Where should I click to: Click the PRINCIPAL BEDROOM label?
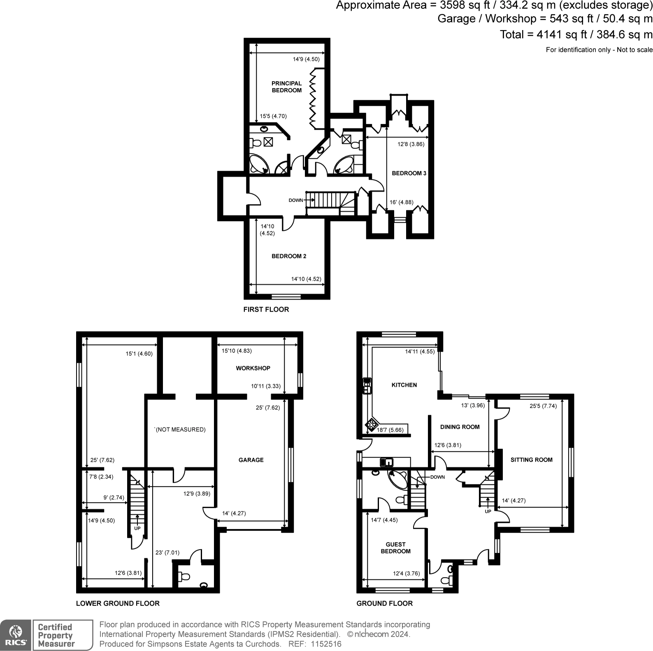coord(286,87)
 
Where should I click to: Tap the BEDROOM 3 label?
coord(409,173)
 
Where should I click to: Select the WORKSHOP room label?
coord(253,368)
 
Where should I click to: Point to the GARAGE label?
coord(251,460)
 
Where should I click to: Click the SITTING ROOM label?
coord(531,460)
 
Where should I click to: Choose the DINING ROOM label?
coord(460,427)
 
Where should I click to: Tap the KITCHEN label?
coord(404,385)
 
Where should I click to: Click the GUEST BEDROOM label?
coord(395,548)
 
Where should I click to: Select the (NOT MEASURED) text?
coord(180,429)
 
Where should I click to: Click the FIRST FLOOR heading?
coord(266,309)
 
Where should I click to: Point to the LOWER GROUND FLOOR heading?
coord(118,603)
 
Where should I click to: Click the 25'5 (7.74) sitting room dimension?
coord(543,406)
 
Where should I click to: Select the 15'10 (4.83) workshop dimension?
coord(237,351)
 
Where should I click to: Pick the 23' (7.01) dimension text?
coord(167,553)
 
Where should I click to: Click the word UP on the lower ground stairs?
coord(137,528)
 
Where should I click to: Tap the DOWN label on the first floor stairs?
coord(295,201)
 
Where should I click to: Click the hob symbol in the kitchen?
coord(372,424)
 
